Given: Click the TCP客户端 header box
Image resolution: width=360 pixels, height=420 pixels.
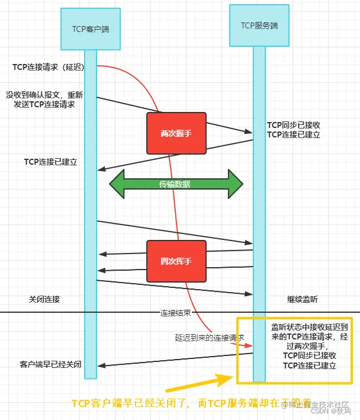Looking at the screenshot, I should [x=82, y=28].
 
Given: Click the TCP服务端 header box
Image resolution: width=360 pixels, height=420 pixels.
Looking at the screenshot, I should [x=256, y=26].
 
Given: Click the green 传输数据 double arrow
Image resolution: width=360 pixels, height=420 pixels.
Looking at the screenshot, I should [x=176, y=184].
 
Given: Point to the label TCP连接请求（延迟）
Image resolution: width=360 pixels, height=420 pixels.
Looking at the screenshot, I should [x=49, y=67].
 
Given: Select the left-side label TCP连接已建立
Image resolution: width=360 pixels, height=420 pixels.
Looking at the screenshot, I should [x=51, y=162].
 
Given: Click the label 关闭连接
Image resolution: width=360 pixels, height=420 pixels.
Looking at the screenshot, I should [x=44, y=299].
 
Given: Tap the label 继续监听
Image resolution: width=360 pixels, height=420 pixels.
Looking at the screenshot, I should [x=302, y=300].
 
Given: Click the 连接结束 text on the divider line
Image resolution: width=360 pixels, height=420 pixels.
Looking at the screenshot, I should [x=176, y=312].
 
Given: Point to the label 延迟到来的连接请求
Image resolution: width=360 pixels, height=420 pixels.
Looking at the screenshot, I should [x=210, y=337].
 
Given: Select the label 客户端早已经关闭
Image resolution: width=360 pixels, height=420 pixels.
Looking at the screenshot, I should [x=50, y=364].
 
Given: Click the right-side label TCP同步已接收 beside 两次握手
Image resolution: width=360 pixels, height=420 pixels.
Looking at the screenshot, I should [x=294, y=125].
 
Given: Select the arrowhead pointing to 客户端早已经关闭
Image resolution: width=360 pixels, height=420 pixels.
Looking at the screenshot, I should [x=102, y=366].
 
